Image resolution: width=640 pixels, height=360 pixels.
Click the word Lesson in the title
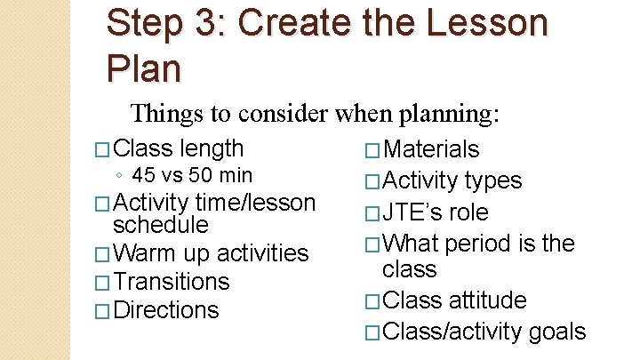coord(468,23)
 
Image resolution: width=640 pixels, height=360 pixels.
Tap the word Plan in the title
coord(142,67)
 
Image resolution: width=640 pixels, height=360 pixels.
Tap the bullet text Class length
coord(179,148)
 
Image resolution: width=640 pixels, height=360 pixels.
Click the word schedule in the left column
coord(160,225)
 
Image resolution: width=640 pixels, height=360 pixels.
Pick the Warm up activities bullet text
coord(210,253)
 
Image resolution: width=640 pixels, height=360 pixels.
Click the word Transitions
coord(172,282)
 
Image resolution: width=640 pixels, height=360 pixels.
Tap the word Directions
coord(166,310)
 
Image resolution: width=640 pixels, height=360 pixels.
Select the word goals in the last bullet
coord(557,332)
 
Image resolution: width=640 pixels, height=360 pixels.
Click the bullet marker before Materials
coord(373,150)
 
